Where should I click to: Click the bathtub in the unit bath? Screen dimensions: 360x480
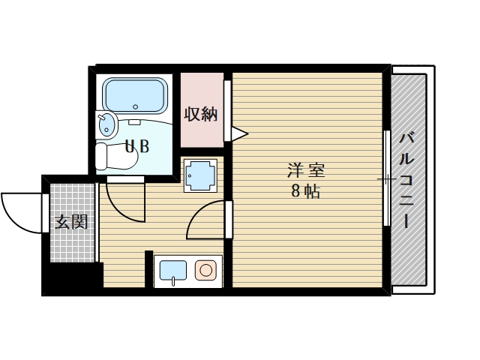point(135,95)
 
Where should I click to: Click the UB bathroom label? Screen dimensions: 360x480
point(136,146)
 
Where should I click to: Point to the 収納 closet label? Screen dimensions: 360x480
point(201,114)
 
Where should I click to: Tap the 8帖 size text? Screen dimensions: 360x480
point(305,191)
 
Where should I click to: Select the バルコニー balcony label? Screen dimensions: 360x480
point(407,180)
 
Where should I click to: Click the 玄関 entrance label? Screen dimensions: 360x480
point(71,222)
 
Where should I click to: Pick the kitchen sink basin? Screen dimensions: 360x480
point(173,270)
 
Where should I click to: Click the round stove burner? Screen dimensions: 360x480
point(205,270)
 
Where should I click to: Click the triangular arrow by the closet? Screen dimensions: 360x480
point(239,134)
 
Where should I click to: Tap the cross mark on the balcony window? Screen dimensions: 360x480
point(386,179)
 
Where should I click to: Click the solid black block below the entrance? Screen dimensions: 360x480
point(71,278)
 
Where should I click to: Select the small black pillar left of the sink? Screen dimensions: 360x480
point(148,268)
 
